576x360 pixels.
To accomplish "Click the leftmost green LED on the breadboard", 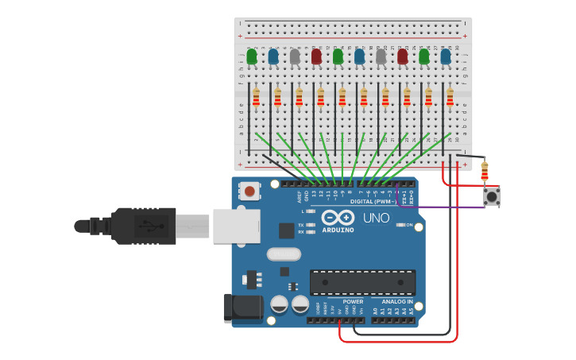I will (252, 56).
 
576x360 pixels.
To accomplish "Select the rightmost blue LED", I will (446, 56).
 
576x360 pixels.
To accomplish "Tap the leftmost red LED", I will (316, 56).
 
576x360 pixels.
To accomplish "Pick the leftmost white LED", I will (295, 56).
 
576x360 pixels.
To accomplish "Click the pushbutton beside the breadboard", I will (492, 195).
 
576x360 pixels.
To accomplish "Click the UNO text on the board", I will (376, 218).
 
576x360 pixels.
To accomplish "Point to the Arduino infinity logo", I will (338, 218).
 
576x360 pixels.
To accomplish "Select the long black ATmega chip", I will (362, 282).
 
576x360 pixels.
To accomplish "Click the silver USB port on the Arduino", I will (235, 226).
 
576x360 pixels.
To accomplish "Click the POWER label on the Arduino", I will (353, 302).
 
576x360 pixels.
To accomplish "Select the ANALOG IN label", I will (396, 302).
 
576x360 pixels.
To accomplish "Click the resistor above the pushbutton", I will (485, 171).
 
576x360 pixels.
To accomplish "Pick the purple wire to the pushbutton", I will (445, 207).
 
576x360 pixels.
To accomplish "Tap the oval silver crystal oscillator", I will (284, 254).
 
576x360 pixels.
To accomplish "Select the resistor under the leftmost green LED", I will (256, 97).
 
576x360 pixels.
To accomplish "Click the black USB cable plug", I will (143, 226).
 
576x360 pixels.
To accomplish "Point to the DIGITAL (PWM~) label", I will (373, 202).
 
